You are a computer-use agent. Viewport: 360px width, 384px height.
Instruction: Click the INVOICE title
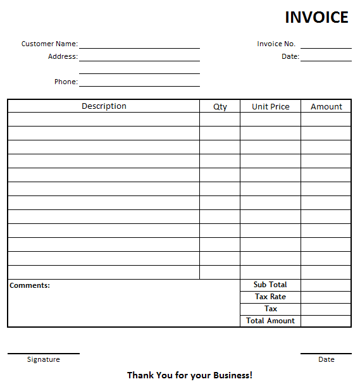point(316,17)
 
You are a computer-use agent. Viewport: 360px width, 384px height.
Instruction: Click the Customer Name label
point(49,44)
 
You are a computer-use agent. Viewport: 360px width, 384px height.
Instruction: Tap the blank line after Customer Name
point(139,45)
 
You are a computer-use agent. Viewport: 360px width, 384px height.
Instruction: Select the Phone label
point(66,82)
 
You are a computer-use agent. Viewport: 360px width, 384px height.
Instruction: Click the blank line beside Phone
point(139,83)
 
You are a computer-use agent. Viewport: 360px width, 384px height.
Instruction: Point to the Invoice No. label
point(276,44)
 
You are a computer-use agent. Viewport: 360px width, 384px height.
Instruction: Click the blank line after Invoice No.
point(326,45)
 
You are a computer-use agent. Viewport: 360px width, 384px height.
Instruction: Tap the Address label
point(63,56)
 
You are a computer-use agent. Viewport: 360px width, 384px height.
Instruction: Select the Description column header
point(104,106)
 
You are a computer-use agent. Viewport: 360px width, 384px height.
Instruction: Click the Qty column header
point(220,107)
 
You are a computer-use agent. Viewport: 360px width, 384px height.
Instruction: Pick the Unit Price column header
point(270,107)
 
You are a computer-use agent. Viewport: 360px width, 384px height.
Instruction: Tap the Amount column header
point(326,107)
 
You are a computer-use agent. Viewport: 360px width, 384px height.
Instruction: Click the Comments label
point(30,285)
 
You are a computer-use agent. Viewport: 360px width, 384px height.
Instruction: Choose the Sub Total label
point(270,285)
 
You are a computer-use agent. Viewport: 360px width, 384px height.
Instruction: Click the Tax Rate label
point(270,297)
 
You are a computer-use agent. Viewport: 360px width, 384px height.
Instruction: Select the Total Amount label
point(270,321)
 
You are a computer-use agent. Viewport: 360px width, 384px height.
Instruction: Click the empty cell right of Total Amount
point(326,321)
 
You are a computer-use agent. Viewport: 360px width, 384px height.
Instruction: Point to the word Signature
point(44,359)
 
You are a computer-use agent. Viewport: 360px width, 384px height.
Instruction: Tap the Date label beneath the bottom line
point(326,359)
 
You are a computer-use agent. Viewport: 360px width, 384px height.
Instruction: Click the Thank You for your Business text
point(190,375)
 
